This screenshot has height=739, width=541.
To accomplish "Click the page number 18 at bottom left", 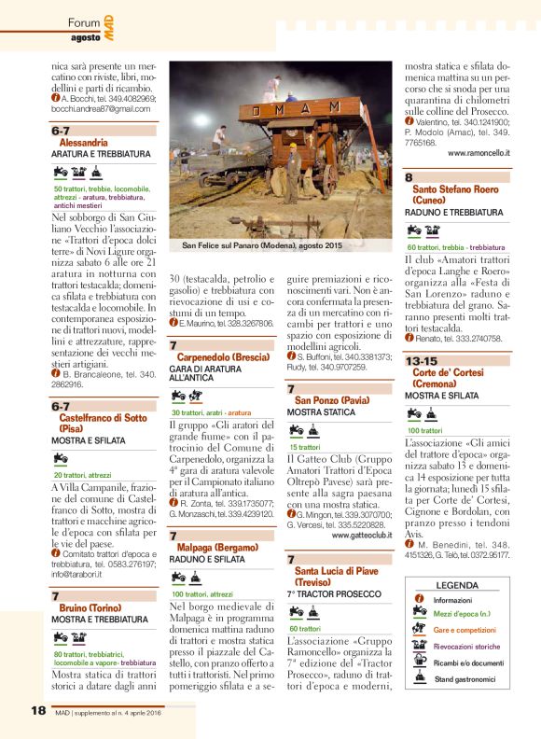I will pos(38,710).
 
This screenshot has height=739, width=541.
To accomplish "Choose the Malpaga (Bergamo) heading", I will pos(219,547).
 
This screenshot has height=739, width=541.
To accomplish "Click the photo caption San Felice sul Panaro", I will pos(262,245).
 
